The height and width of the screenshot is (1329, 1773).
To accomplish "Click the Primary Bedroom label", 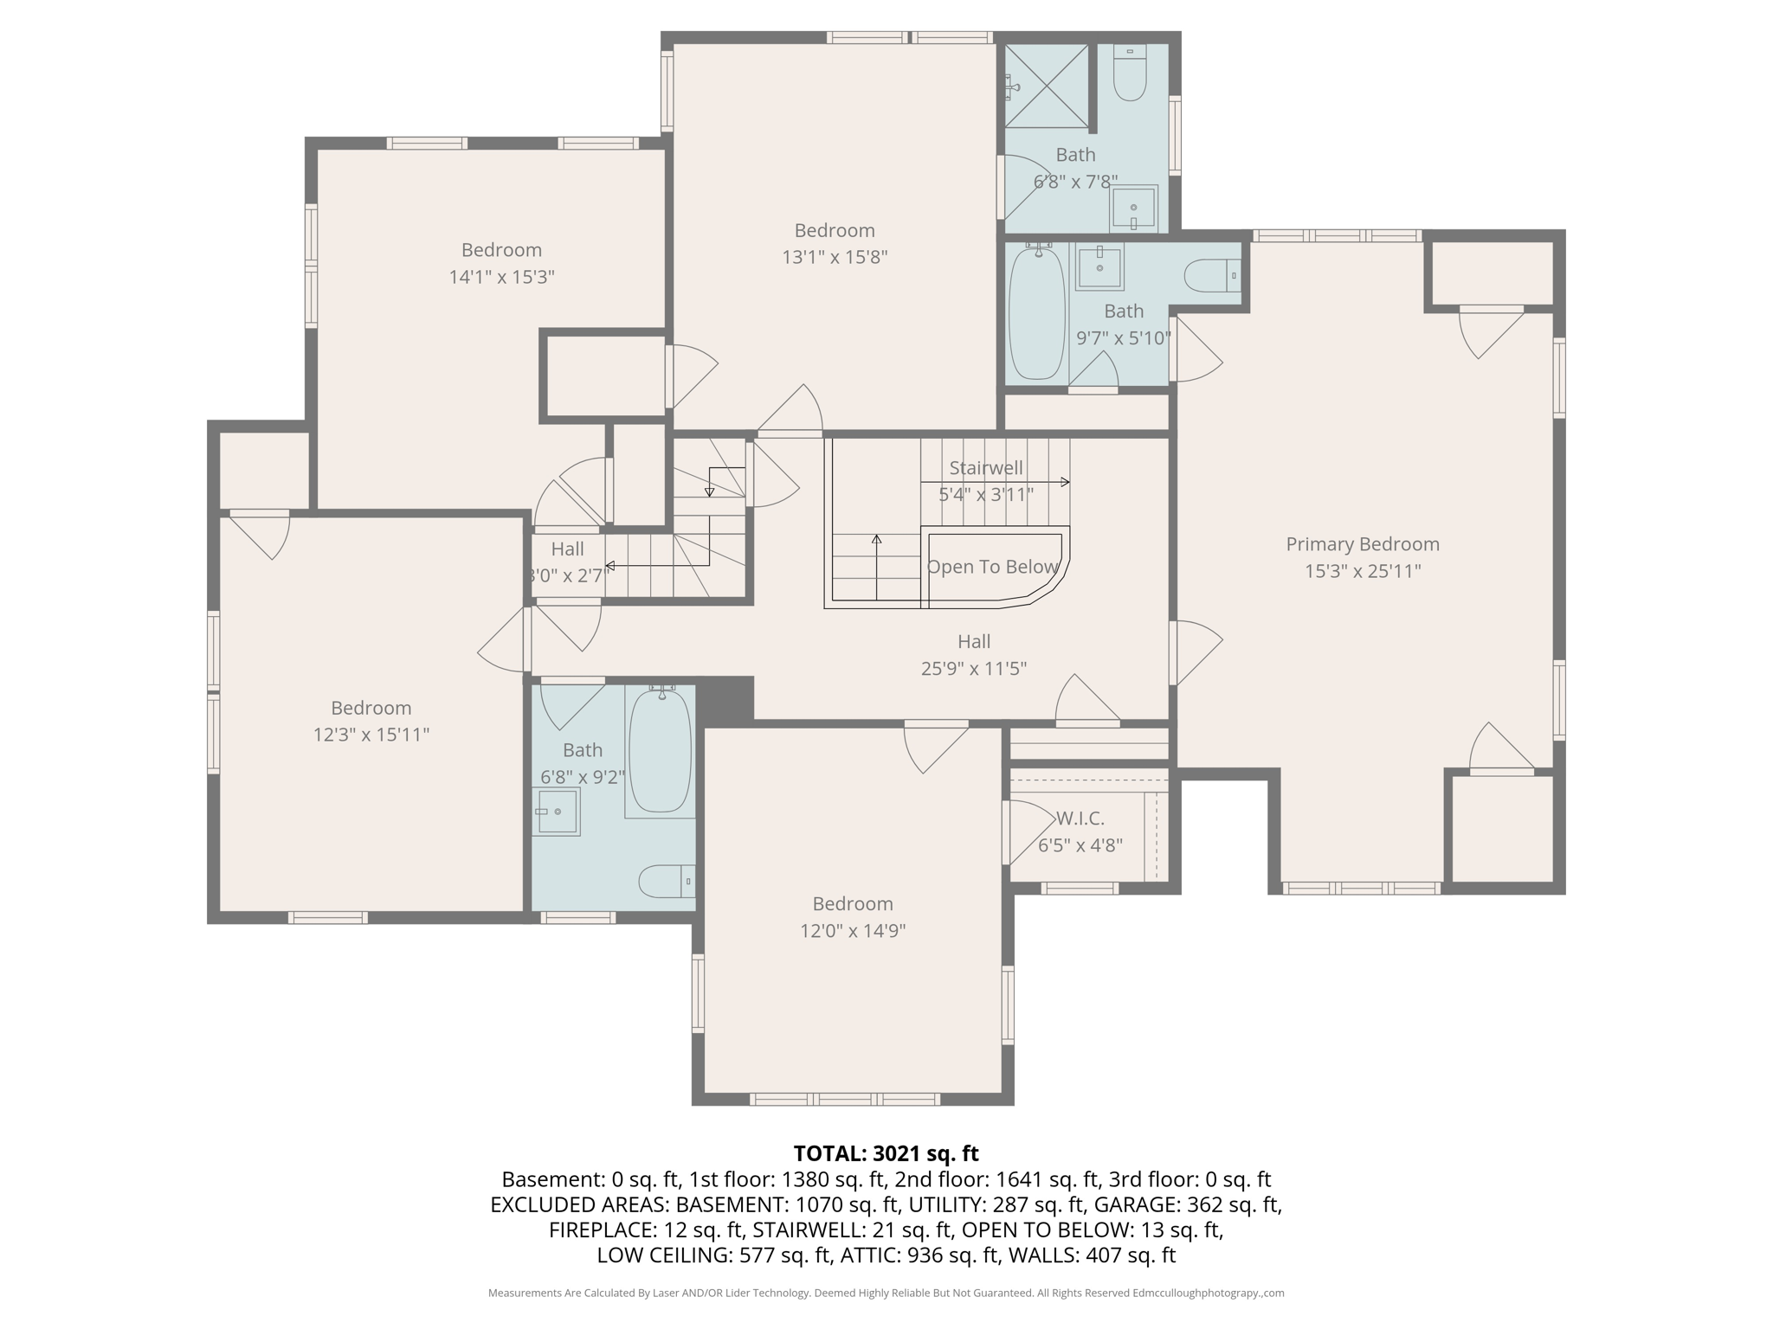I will tap(1362, 544).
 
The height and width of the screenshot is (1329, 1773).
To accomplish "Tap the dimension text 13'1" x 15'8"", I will tap(835, 258).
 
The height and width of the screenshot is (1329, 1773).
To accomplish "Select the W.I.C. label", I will tap(1080, 819).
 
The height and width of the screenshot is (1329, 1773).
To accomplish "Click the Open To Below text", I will tap(992, 568).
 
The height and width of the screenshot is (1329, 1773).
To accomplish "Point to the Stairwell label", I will tap(985, 468).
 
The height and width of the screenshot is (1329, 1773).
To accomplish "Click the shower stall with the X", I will tap(1046, 86).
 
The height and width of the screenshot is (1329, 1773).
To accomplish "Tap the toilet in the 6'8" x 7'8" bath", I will tap(1130, 76).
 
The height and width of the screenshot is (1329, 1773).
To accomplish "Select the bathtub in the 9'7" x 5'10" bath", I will tap(1036, 314).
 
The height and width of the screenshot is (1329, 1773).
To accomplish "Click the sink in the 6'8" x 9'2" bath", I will tap(557, 812).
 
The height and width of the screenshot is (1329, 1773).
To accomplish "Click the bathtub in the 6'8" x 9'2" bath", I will tap(660, 750).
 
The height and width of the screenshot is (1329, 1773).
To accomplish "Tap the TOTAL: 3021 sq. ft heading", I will tap(886, 1153).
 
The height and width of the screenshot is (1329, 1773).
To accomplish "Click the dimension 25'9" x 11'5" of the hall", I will tap(973, 669).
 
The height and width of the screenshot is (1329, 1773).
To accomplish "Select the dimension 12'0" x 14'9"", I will tap(852, 931).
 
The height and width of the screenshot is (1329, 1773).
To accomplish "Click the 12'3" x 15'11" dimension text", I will tap(371, 735).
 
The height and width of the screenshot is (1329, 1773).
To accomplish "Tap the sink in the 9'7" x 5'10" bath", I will tap(1099, 267).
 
